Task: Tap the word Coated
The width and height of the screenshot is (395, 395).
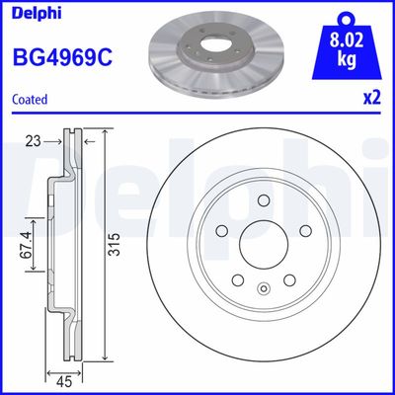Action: coord(30,99)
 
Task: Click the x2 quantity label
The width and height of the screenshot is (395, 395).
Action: coord(373,99)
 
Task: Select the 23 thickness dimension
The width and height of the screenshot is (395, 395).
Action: coord(33,140)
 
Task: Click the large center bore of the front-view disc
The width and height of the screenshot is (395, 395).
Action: coord(263,241)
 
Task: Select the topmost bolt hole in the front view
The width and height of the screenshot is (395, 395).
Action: coord(263,200)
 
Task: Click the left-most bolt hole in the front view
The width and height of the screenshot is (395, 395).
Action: coord(223,230)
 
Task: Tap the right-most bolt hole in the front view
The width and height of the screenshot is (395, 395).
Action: coord(302,230)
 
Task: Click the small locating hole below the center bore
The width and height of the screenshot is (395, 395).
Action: coord(263,288)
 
